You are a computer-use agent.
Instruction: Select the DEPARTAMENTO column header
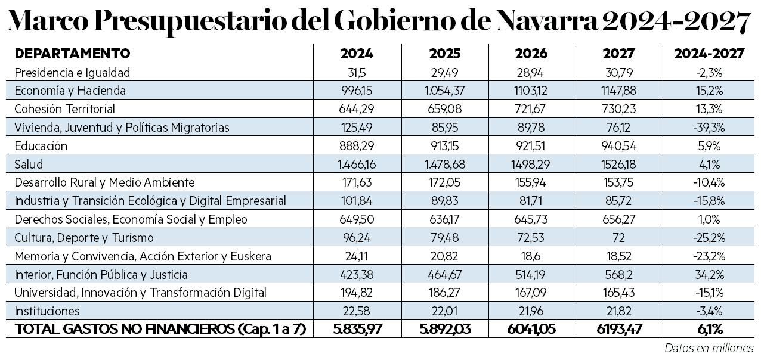click(x=72, y=54)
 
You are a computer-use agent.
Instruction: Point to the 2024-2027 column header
click(x=709, y=54)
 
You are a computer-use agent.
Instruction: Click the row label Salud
click(x=29, y=164)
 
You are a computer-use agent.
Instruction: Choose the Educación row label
click(x=41, y=146)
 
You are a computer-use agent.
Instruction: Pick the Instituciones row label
click(x=47, y=311)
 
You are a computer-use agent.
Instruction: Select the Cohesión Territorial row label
click(x=64, y=109)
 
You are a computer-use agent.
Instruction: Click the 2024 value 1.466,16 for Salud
click(x=357, y=164)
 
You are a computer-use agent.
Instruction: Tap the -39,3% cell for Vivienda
click(x=709, y=128)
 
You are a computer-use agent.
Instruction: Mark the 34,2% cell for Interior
click(x=709, y=274)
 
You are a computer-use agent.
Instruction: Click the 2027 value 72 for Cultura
click(x=618, y=237)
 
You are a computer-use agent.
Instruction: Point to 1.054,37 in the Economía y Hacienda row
click(x=444, y=91)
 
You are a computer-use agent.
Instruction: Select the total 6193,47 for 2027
click(x=618, y=329)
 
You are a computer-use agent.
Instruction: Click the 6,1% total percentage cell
click(x=709, y=329)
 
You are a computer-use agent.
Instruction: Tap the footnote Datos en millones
click(x=709, y=347)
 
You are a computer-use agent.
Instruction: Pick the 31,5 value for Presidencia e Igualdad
click(x=357, y=72)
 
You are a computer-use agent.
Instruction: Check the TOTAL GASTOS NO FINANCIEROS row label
click(x=160, y=329)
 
